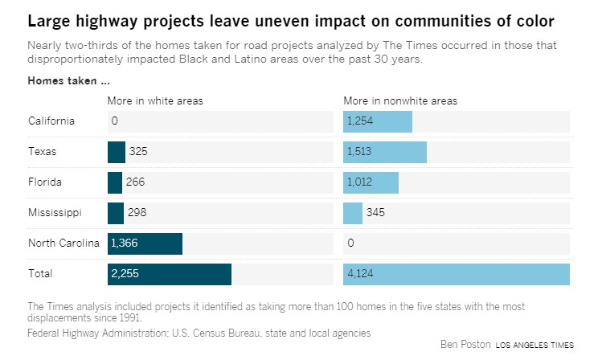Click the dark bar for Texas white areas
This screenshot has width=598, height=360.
pos(117,152)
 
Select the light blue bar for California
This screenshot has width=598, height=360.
pos(378,121)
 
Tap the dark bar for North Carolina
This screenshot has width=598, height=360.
pos(145,243)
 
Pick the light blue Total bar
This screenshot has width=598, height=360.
pos(457,274)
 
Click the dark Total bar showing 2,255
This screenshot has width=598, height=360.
pos(170,274)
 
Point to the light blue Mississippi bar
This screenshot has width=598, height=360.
pos(353,213)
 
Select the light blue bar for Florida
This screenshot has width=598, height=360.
pos(371,182)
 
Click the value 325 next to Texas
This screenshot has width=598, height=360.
pos(138,152)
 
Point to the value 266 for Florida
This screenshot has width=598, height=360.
pos(135,182)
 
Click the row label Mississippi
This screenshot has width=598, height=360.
pos(55,213)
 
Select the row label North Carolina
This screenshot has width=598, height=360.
pos(63,243)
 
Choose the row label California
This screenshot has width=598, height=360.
pos(51,121)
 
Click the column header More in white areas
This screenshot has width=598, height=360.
pos(155,100)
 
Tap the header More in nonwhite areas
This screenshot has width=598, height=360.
pos(400,100)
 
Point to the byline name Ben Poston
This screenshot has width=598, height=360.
pos(464,345)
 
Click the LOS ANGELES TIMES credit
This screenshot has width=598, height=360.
pos(535,346)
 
